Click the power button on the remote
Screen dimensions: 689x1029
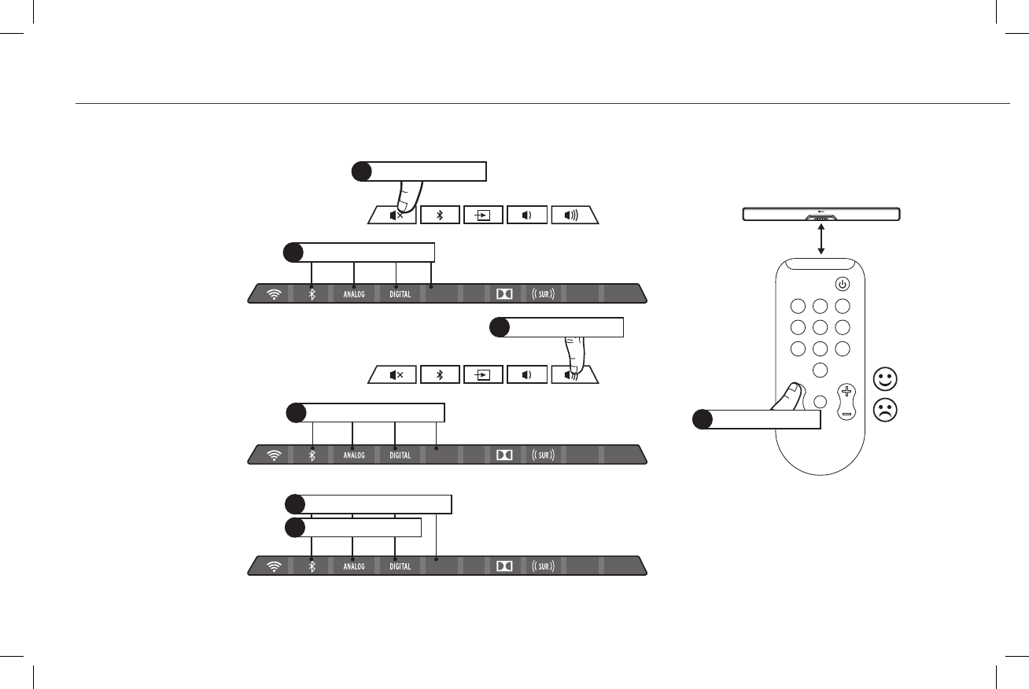[842, 284]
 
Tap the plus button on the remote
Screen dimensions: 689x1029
[846, 390]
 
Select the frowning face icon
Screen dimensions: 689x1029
[885, 409]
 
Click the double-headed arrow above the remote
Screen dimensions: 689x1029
[821, 238]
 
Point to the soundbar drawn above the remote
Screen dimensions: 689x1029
[821, 214]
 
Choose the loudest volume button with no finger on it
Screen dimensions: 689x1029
[574, 215]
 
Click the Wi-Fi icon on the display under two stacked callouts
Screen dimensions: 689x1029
[274, 566]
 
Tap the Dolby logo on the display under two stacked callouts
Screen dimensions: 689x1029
[503, 566]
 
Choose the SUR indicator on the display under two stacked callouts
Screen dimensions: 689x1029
[544, 566]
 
